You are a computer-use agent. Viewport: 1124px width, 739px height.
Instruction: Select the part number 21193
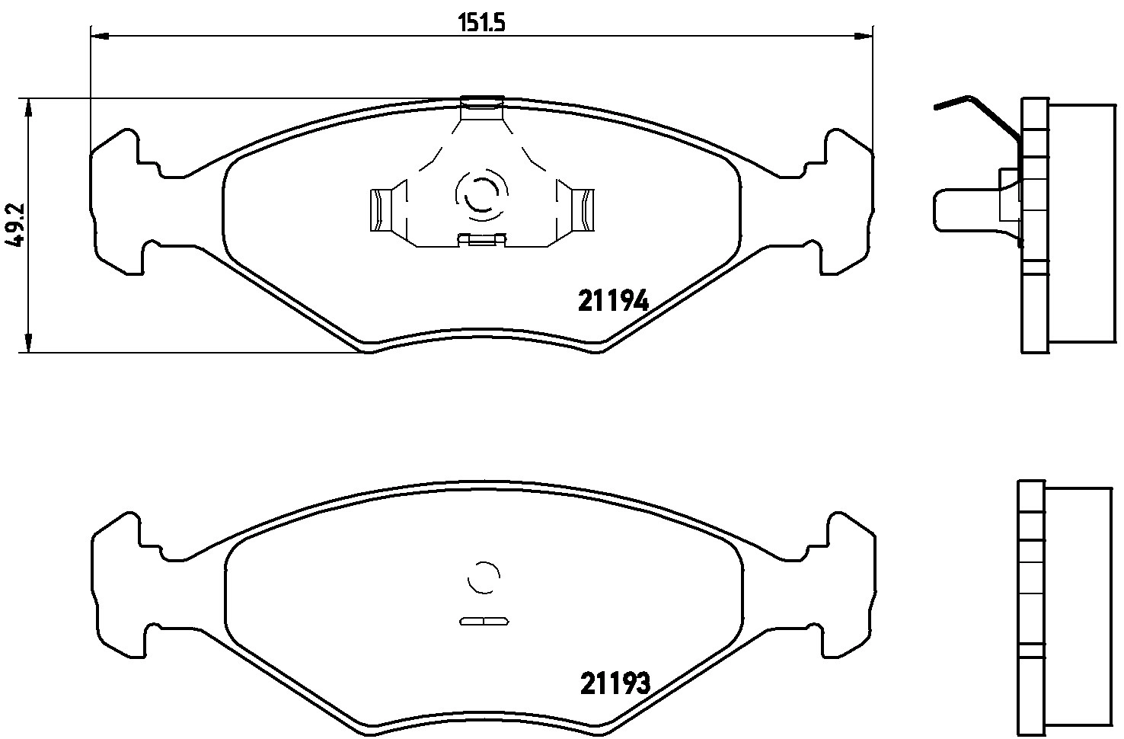615,683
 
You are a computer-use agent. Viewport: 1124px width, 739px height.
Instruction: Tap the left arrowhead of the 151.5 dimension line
99,35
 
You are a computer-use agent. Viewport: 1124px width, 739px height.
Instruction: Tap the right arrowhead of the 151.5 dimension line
864,35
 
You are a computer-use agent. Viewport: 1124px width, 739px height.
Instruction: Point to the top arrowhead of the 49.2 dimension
28,108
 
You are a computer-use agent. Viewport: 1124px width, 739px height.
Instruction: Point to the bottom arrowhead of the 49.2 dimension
28,344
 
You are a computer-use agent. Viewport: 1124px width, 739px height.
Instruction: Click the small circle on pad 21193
483,577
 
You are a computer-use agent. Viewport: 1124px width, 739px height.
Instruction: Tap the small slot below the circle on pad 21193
483,621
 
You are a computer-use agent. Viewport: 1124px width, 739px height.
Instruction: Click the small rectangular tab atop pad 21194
482,102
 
